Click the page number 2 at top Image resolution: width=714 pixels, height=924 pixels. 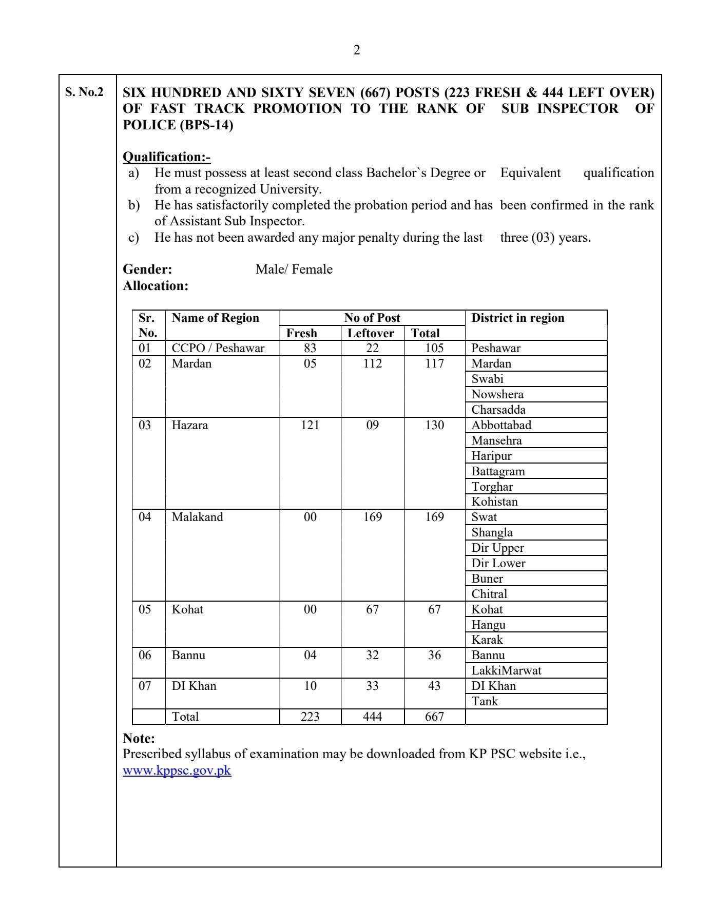(x=357, y=50)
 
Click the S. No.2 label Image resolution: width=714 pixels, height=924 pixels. (x=84, y=92)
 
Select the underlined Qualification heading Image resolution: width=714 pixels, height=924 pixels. (x=167, y=157)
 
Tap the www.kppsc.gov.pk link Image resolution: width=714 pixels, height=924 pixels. (x=177, y=771)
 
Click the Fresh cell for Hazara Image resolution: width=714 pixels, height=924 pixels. (x=310, y=425)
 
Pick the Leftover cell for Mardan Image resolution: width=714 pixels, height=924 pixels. (x=372, y=363)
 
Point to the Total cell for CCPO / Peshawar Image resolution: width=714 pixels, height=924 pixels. (x=434, y=348)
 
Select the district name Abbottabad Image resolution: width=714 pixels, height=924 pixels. (x=501, y=425)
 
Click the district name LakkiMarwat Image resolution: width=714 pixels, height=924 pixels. (x=506, y=670)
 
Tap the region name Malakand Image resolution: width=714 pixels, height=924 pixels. (x=197, y=517)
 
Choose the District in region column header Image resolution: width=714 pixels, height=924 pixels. (x=517, y=318)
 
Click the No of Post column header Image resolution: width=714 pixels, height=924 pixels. (x=372, y=318)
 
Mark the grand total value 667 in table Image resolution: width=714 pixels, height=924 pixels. (x=434, y=717)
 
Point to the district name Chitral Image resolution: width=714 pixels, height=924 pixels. (x=489, y=594)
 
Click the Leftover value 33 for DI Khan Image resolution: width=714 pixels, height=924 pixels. (x=372, y=686)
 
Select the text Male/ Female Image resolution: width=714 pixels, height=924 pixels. (x=294, y=269)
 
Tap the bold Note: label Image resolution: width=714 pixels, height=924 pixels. (x=139, y=739)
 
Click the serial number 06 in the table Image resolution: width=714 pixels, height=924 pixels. (x=145, y=655)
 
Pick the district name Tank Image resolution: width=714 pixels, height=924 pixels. (x=485, y=701)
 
